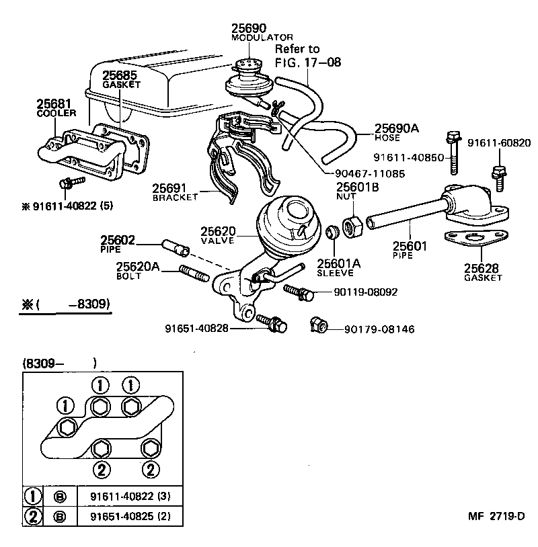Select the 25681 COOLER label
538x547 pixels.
[x=54, y=108]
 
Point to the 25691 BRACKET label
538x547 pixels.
[x=176, y=192]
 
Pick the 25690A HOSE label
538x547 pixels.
[x=396, y=132]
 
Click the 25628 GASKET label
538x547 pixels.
[x=483, y=272]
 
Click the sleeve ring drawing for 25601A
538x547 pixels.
[x=331, y=234]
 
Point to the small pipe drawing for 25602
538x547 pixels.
[x=174, y=249]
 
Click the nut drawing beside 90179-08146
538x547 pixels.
[x=318, y=327]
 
